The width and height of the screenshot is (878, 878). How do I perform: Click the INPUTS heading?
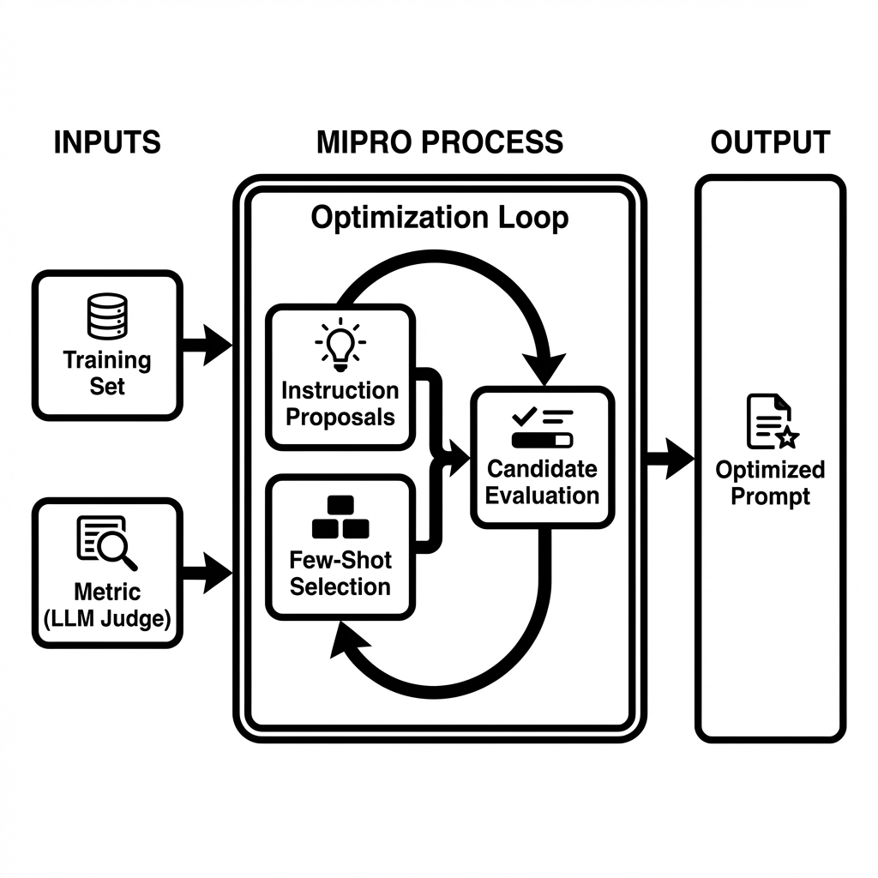[107, 142]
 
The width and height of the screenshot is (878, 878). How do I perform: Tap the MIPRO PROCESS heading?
[440, 142]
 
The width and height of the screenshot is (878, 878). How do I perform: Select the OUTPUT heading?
[770, 142]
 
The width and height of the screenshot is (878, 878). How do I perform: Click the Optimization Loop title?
[439, 218]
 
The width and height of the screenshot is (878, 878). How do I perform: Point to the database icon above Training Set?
[107, 316]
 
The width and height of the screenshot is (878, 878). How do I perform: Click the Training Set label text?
[107, 373]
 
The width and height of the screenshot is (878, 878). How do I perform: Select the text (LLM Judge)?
[107, 619]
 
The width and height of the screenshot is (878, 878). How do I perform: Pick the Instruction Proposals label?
[340, 404]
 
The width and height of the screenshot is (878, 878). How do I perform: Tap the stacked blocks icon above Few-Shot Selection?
[340, 516]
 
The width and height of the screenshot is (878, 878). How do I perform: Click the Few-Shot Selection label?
[340, 574]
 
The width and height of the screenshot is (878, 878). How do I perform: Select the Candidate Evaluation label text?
[543, 482]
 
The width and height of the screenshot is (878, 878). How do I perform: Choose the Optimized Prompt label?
[770, 483]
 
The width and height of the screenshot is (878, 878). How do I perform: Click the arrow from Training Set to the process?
[207, 346]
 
